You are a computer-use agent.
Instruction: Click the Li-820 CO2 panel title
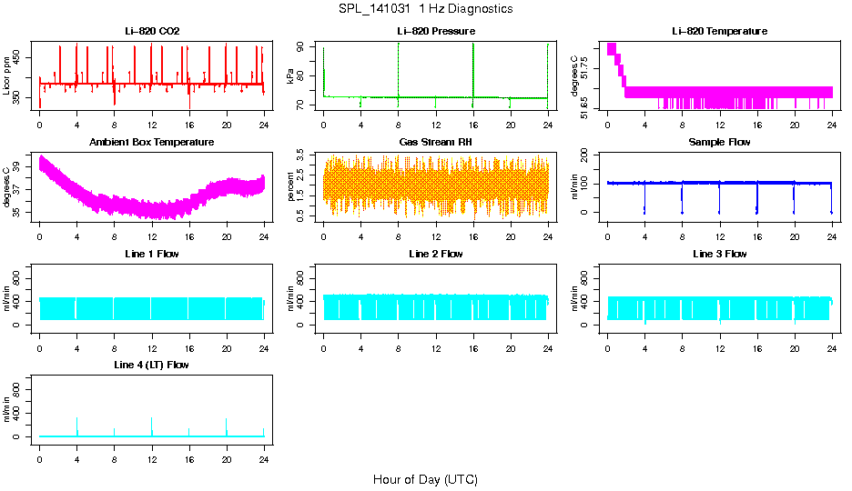152,31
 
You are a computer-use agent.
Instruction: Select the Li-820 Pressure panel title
436,31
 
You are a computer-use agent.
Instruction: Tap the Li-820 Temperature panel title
719,31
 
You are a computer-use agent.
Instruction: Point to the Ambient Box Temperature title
152,143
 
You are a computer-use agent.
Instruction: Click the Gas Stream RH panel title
436,143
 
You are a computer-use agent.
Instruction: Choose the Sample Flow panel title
719,143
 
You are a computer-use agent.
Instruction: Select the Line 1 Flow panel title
152,254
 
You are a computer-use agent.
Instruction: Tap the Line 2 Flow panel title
436,254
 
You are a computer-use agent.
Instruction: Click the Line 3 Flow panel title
719,254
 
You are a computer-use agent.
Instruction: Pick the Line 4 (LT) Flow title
152,365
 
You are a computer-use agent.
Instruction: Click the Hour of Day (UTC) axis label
425,479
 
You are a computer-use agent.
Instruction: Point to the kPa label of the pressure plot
291,77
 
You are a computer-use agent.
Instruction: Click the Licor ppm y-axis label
7,77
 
